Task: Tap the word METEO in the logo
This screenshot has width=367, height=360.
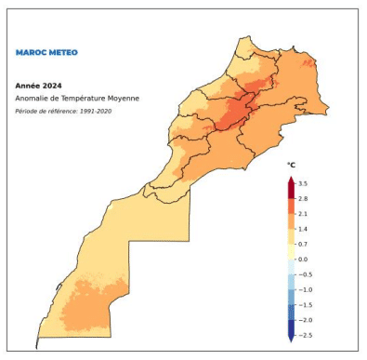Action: [59, 53]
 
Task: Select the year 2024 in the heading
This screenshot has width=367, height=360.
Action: [52, 85]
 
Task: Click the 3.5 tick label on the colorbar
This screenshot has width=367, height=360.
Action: [303, 184]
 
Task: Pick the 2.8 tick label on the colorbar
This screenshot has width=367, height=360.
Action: [303, 199]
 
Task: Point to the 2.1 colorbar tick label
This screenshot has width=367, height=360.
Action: [303, 214]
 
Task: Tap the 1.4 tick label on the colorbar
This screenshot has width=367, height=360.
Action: [303, 229]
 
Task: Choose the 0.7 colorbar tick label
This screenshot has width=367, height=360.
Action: [303, 244]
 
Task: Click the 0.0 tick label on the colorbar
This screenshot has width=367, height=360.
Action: [303, 259]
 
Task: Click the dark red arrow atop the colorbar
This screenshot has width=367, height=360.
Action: [290, 180]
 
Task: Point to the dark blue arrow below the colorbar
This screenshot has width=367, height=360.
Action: [290, 339]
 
